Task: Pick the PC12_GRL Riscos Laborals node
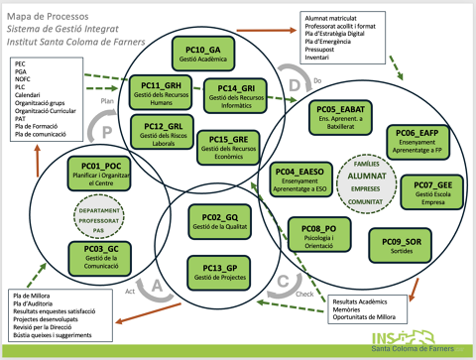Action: tap(163, 133)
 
